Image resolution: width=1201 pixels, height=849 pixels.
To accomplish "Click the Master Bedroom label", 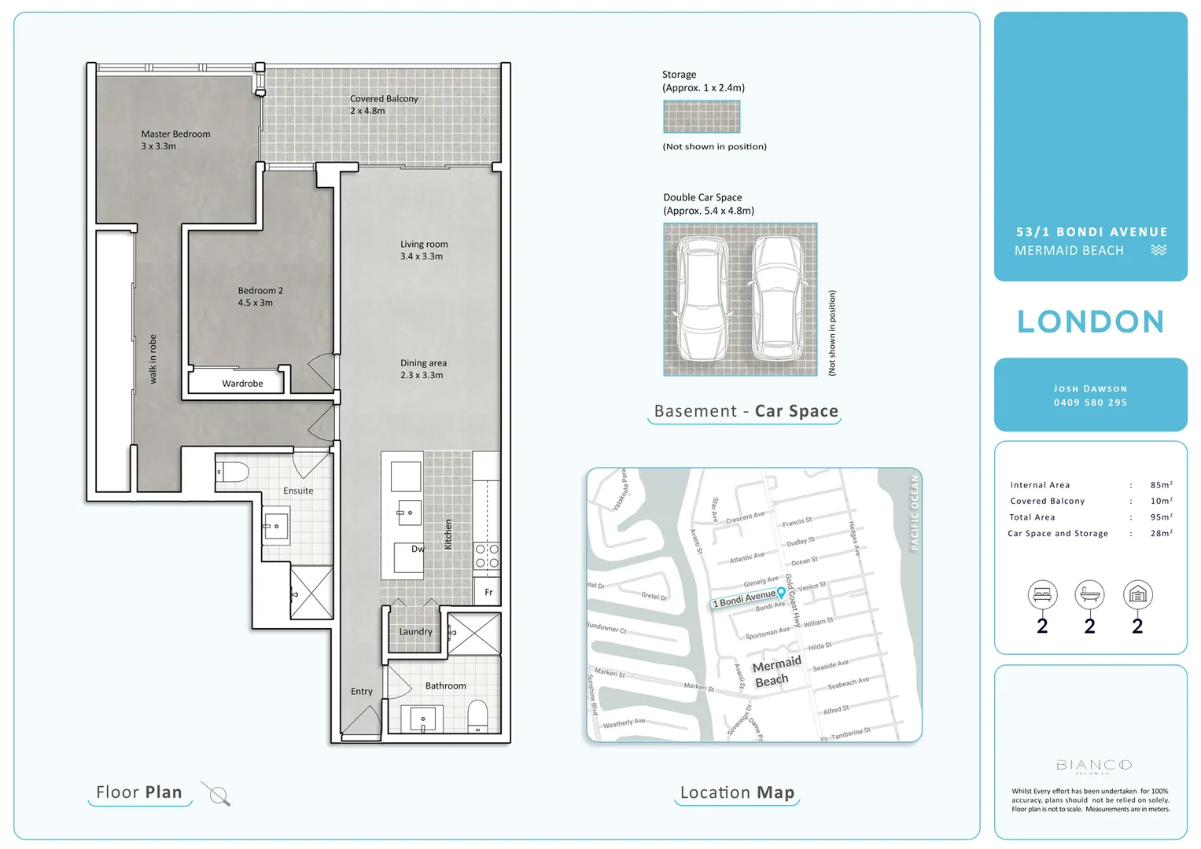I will point(175,140).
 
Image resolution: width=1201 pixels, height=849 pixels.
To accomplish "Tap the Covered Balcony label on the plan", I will point(383,105).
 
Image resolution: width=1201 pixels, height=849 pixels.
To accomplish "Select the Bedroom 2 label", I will point(260,296).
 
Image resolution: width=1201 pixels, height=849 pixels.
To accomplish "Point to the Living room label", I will point(423,250).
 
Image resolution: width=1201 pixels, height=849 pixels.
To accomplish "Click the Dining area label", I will point(422,369).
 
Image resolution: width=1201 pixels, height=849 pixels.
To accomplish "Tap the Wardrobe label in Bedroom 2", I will point(242,384).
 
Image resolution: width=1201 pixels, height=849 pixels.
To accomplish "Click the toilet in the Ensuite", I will point(233,472).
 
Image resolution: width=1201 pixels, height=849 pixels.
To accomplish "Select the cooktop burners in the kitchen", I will point(487,556).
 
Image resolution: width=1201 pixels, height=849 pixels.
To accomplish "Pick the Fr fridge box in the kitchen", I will point(488,592).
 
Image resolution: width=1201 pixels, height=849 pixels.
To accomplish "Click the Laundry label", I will point(415,632).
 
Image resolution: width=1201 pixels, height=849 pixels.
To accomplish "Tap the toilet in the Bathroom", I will point(477,716).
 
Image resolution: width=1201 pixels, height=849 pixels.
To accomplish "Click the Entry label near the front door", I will point(362,692).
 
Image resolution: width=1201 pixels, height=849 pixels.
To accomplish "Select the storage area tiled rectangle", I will point(702,117).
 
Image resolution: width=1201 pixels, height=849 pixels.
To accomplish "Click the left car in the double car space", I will point(702,300).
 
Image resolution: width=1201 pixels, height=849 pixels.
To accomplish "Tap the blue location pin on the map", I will point(781,592).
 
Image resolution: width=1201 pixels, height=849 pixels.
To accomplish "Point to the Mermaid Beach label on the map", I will point(775,671).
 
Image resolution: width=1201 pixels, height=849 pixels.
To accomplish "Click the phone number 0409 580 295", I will point(1090,402).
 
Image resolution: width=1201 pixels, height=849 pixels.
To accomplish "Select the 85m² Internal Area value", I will point(1161,485).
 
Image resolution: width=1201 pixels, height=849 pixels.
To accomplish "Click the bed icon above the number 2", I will point(1042,595).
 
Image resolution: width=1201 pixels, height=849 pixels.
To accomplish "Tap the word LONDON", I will point(1090,322).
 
